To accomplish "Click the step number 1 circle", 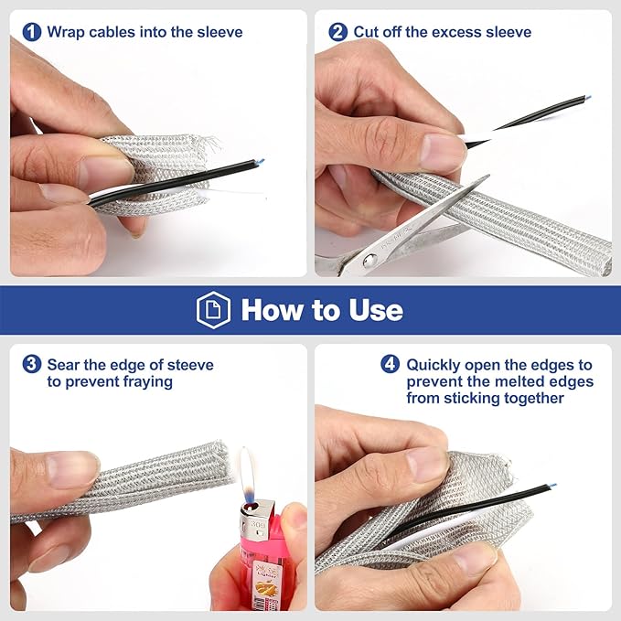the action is pos(32,32).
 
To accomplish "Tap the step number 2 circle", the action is pos(338,32).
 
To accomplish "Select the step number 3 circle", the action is pos(32,364).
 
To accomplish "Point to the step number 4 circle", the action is pos(391,364).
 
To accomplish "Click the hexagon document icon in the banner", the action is pos(213,310).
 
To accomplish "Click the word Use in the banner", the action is pos(376,310).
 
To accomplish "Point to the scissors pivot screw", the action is pos(369,261).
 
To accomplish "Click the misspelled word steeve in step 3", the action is pos(190,365).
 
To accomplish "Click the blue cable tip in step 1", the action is pos(261,161).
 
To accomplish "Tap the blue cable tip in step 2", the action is pos(588,97).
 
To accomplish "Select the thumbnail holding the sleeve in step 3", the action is pos(72,470).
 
